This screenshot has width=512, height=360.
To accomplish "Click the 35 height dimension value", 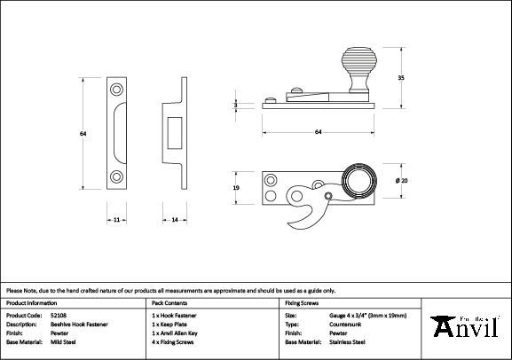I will click(401, 79).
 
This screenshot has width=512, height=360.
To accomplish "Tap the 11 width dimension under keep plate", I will click(117, 218).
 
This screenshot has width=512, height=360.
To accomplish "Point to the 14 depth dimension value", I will click(174, 218).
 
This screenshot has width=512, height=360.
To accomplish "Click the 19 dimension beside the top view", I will click(235, 188).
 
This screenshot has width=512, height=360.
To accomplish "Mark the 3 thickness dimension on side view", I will click(235, 105).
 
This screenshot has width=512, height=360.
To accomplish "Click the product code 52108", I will click(59, 316).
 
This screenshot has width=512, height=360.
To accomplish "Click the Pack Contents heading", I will click(169, 303).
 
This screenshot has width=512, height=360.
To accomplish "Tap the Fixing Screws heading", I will click(302, 303).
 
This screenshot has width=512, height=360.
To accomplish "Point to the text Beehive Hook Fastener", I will click(80, 325).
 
